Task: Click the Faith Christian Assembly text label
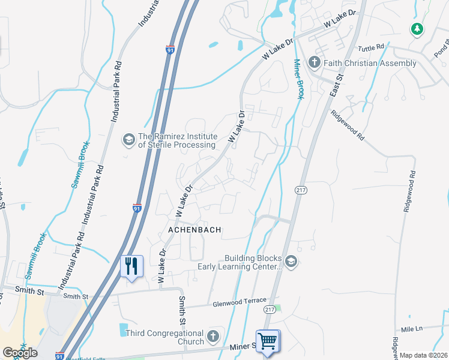point(370,63)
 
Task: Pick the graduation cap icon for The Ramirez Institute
point(128,140)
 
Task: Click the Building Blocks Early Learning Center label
point(252,262)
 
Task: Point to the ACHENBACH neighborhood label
point(194,230)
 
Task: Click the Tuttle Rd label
point(370,48)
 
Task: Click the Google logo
point(20,353)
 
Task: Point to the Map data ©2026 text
point(424,356)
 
